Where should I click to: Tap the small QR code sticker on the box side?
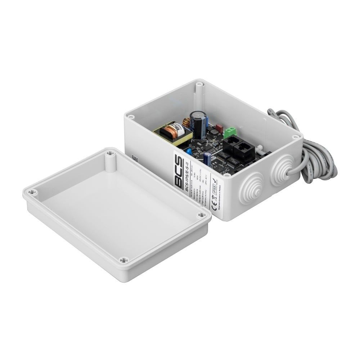click(x=135, y=158)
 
